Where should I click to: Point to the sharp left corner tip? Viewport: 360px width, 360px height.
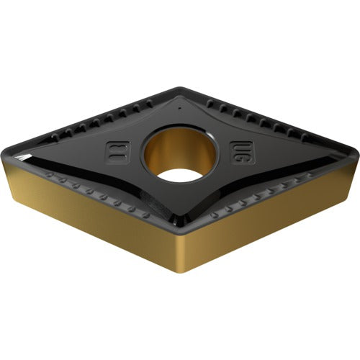(x=10, y=158)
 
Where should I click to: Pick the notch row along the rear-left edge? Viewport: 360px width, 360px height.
(x=101, y=119)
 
